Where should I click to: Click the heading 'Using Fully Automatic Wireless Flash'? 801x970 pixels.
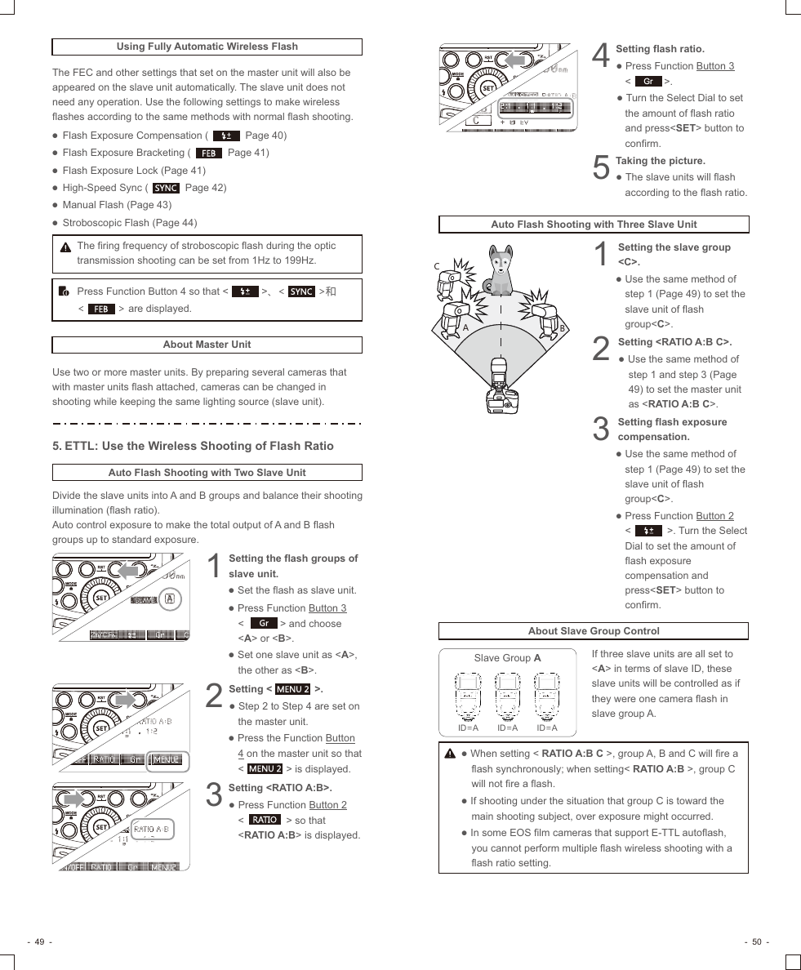point(207,47)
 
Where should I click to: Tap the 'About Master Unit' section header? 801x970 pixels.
point(207,345)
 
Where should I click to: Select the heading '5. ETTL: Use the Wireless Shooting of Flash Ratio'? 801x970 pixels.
point(193,446)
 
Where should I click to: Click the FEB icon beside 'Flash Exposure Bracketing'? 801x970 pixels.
point(209,153)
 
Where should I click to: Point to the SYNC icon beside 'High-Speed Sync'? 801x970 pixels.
point(166,188)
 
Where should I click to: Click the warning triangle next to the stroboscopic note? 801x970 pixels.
point(65,247)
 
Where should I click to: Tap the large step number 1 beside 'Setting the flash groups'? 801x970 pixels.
point(214,567)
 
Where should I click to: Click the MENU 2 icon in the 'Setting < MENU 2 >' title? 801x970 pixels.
point(292,689)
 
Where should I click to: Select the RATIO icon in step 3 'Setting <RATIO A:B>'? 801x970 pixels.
point(264,820)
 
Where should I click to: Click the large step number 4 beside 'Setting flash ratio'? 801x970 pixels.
point(600,56)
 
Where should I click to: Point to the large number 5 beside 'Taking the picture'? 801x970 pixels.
point(600,168)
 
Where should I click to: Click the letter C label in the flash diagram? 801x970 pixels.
point(437,266)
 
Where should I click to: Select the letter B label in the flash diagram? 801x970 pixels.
point(562,328)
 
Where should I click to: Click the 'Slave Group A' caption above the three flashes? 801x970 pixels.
point(507,658)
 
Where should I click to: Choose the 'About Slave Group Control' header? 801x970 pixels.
point(593,631)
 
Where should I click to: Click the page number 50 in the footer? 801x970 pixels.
point(756,942)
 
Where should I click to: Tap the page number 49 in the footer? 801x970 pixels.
point(39,942)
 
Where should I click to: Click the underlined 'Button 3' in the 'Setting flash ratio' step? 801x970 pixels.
point(714,66)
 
